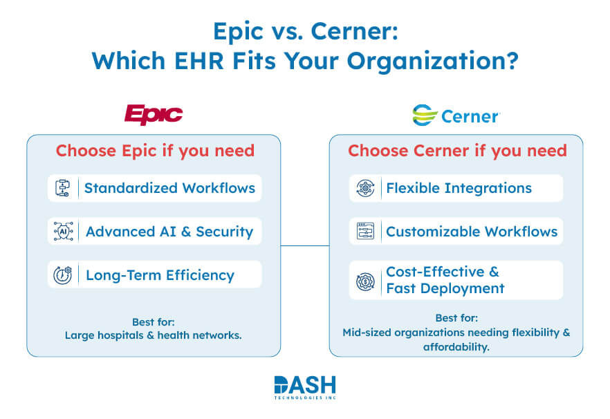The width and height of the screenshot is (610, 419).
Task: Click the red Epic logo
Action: click(154, 115)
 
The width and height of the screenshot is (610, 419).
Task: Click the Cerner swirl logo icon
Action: click(424, 115)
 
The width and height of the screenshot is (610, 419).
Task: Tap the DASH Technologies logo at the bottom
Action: click(304, 388)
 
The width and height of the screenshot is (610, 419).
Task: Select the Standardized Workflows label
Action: click(169, 188)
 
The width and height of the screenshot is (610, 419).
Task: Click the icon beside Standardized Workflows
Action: click(63, 188)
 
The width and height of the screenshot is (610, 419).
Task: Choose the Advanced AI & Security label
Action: click(169, 232)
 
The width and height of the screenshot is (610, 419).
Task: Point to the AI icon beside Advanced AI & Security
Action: click(63, 232)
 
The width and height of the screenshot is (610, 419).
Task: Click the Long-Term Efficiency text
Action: click(160, 275)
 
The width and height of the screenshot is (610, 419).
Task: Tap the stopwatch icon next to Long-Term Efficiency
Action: click(63, 275)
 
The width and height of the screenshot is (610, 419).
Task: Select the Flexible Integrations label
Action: click(459, 188)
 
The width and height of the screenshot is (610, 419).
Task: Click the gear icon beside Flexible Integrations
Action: click(365, 188)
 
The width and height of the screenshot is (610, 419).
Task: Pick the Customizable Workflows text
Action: click(472, 232)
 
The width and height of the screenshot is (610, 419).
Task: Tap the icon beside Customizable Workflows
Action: click(365, 232)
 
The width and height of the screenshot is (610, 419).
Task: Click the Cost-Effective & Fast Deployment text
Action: click(445, 280)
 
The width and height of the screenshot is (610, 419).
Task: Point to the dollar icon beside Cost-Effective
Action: click(365, 281)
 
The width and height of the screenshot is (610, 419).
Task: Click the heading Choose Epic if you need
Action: click(155, 151)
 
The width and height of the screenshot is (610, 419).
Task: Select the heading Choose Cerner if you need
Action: click(457, 151)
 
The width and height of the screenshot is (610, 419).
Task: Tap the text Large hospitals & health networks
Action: click(154, 335)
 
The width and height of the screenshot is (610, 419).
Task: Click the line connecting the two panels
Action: click(304, 245)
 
